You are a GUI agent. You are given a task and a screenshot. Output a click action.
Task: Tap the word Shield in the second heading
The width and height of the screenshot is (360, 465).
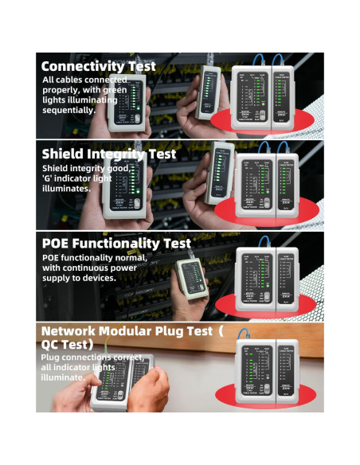coord(65,154)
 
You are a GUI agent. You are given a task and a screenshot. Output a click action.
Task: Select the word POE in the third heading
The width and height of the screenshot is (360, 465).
coord(56,243)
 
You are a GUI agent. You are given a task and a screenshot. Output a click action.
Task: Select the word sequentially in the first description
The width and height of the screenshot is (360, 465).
coord(68,110)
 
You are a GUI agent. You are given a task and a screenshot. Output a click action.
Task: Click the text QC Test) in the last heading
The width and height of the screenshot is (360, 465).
coord(67,344)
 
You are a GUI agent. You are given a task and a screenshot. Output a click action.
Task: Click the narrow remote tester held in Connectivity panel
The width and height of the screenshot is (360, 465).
coord(209,96)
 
